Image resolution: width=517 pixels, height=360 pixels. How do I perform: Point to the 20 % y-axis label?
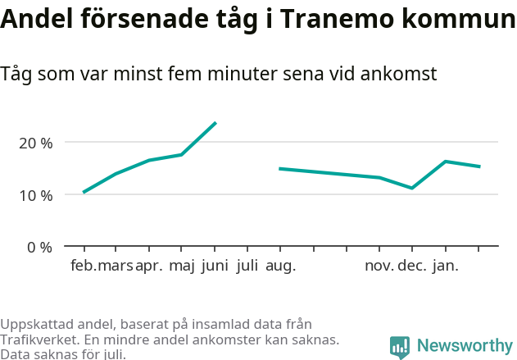tap(35, 143)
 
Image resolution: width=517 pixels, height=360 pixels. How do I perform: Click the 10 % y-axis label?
tap(35, 195)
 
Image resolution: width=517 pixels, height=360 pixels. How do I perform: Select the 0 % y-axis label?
tap(39, 247)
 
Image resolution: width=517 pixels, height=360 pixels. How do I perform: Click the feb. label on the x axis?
tap(83, 266)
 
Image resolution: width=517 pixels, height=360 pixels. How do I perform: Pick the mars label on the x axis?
tap(115, 266)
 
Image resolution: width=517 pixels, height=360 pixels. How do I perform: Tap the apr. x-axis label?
tap(149, 266)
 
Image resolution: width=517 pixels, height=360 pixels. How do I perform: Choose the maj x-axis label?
tap(182, 266)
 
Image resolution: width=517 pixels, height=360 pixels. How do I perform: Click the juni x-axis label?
tap(215, 266)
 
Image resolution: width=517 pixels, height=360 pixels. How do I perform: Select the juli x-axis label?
tap(247, 266)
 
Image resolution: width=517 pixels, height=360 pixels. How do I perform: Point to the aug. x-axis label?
tap(280, 266)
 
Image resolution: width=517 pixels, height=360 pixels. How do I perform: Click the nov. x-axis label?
tap(379, 266)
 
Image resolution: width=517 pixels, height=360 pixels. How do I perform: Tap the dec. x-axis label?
tap(411, 266)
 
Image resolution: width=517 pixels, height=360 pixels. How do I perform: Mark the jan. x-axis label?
tap(445, 266)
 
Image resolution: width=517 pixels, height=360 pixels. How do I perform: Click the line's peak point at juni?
tap(215, 122)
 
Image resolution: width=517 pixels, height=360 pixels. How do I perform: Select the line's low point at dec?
tap(412, 188)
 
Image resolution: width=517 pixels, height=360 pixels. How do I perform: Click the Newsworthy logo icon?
tap(400, 347)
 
